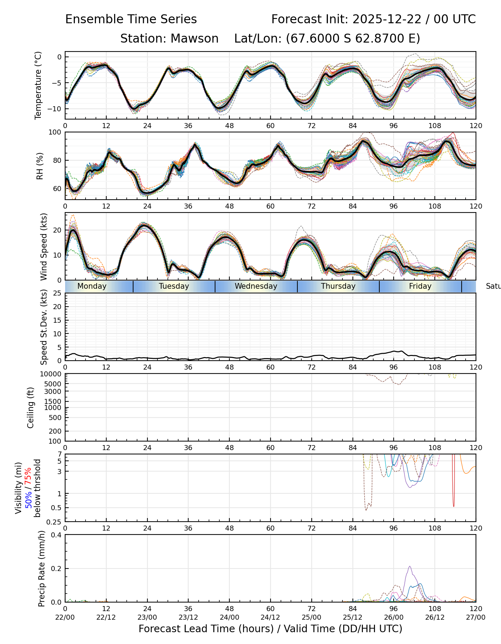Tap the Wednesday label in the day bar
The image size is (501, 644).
(256, 286)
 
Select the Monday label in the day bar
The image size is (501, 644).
(92, 286)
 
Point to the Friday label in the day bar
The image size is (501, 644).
(420, 286)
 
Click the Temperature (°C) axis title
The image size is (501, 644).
(38, 85)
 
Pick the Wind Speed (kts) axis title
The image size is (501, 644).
(44, 247)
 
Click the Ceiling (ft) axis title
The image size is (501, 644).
(31, 408)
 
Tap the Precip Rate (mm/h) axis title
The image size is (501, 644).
(42, 569)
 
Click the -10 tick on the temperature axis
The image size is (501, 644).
(55, 109)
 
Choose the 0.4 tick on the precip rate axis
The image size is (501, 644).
(57, 535)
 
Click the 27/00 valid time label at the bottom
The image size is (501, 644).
(476, 617)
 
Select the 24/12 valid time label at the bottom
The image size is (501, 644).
(270, 617)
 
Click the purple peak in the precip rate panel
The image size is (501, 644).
(410, 567)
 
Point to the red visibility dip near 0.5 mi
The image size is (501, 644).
(454, 506)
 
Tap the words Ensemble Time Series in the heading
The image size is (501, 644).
(131, 19)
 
